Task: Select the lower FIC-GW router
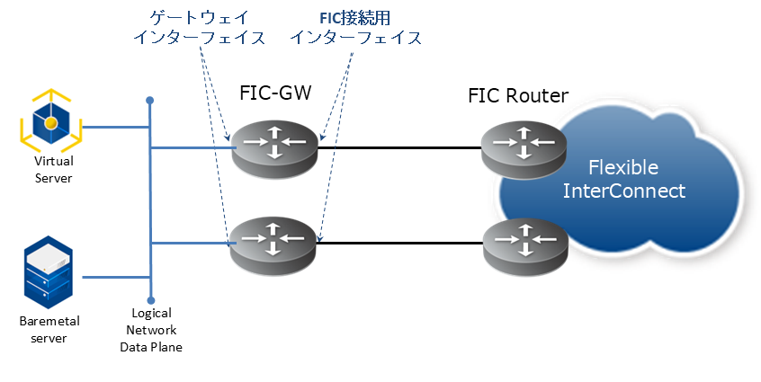pos(274,242)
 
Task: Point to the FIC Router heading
pos(518,94)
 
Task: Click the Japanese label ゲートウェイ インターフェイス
pos(199,28)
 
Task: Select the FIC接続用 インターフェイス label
pos(355,28)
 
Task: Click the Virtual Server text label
pos(53,170)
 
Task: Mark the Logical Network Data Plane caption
pos(151,330)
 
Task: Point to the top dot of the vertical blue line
pos(150,101)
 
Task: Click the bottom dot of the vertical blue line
pos(150,302)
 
